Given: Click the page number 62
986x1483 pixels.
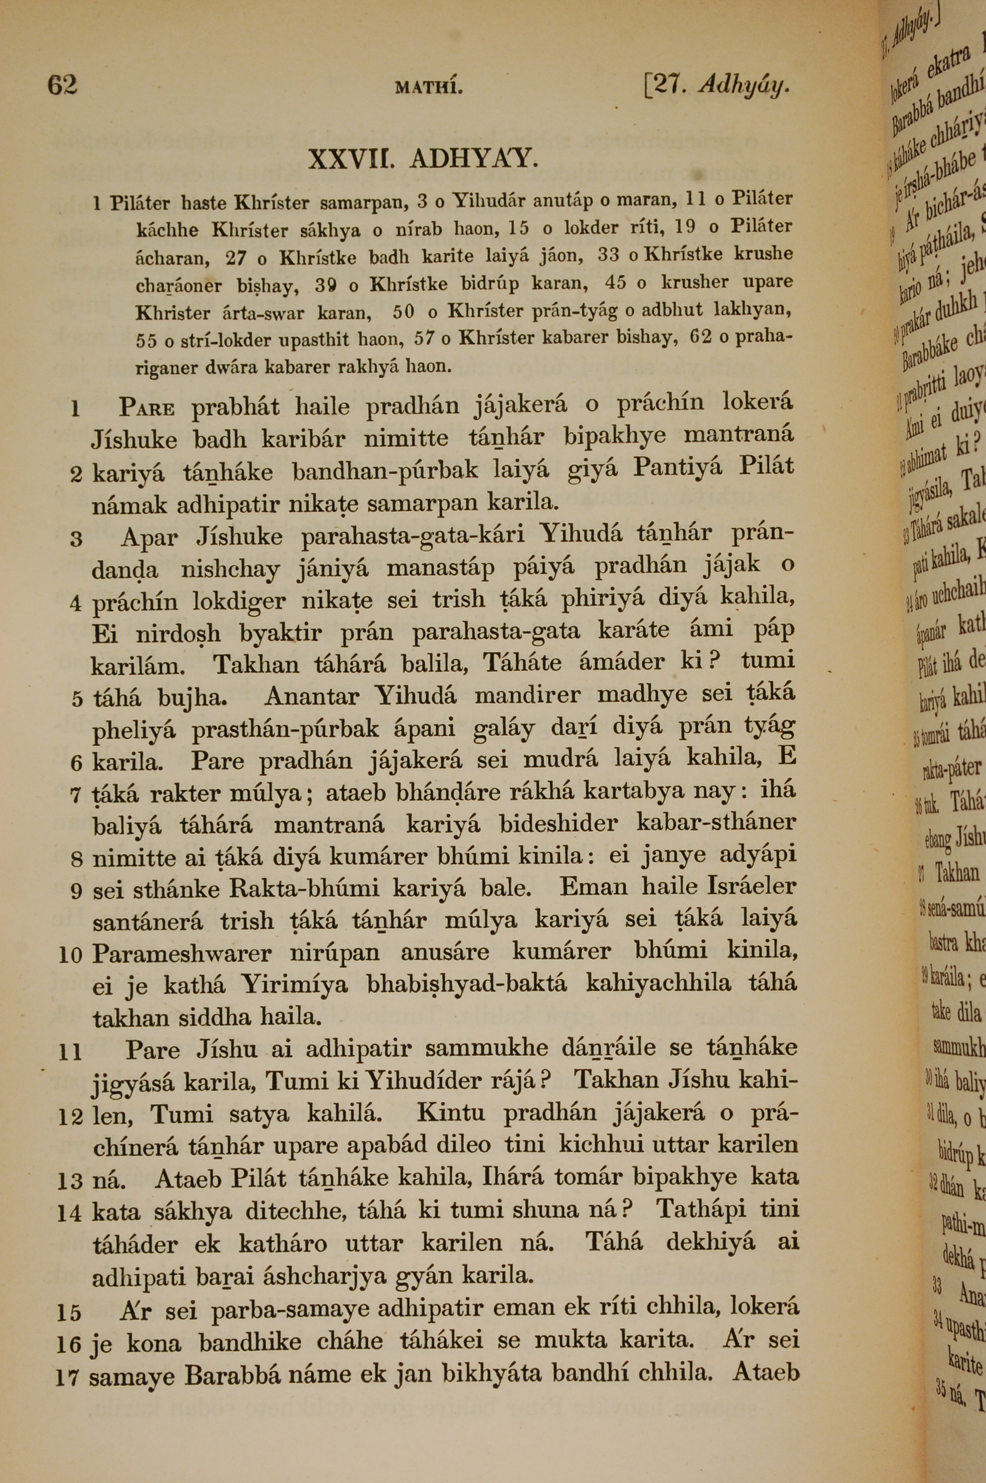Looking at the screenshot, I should [x=62, y=84].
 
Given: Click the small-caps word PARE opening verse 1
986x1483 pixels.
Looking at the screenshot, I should [x=146, y=408].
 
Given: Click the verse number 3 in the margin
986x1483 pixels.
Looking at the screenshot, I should [x=76, y=539].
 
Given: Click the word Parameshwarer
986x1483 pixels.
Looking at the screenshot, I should [x=182, y=954].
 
